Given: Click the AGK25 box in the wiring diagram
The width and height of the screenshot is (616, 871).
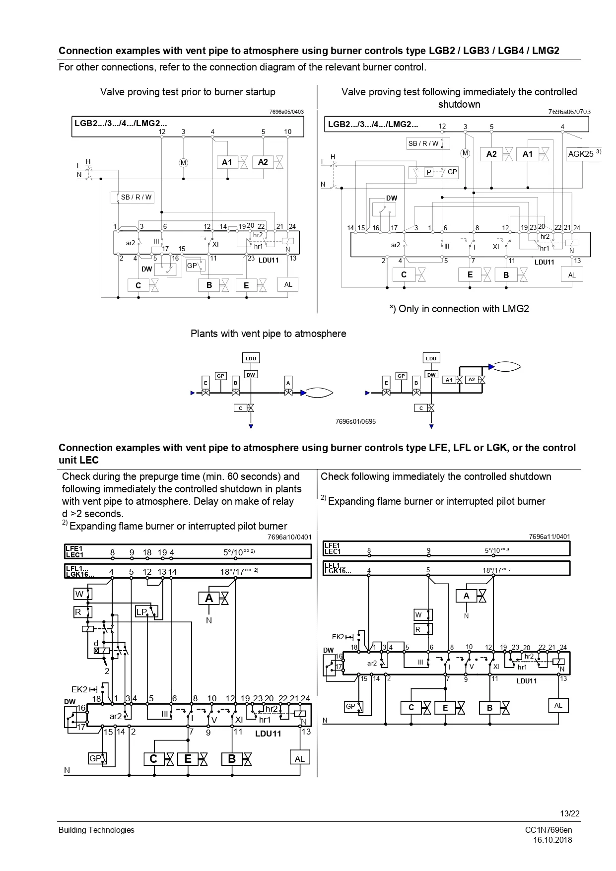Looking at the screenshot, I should [x=580, y=154].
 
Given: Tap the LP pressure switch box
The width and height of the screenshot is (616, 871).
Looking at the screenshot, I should [x=142, y=611].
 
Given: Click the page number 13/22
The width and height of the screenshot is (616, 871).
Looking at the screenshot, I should [x=570, y=813].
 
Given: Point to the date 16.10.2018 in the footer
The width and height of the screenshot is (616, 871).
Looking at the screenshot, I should [x=552, y=840].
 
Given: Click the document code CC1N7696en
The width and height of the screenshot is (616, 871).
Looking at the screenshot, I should [x=548, y=830].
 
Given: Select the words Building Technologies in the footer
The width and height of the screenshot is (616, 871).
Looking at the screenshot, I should [x=96, y=830].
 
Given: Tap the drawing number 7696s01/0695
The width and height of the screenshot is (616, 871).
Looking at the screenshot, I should [x=355, y=421].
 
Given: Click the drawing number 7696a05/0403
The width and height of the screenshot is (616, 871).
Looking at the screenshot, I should [x=286, y=112].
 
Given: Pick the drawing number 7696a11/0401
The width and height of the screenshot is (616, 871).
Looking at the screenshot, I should [x=549, y=536].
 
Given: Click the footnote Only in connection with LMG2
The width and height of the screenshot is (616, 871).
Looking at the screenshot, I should [x=459, y=309].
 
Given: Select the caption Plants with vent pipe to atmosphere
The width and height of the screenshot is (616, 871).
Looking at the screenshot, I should [x=268, y=334].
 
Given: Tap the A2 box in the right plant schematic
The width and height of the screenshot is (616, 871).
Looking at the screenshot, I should [x=472, y=380].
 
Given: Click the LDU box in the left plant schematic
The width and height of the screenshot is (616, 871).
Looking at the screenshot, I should [x=251, y=358].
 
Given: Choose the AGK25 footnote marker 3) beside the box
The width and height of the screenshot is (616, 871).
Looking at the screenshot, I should [x=599, y=152].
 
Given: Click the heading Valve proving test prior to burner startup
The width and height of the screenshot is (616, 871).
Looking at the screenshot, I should [x=188, y=92].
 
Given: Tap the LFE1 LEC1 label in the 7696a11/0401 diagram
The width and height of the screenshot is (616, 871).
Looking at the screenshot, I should [x=333, y=548].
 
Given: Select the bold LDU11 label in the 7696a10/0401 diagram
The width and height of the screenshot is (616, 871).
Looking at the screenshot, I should [x=268, y=734].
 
